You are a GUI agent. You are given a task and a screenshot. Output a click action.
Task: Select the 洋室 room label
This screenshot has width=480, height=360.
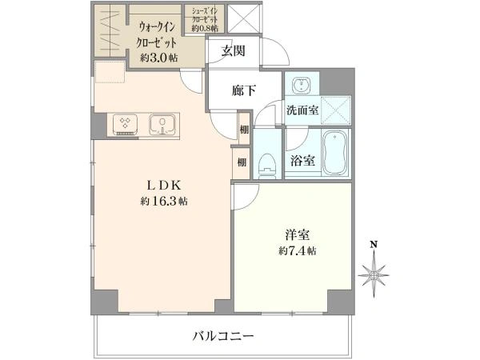(x=297, y=234)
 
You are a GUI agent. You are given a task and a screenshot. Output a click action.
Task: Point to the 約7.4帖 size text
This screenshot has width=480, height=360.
(x=298, y=250)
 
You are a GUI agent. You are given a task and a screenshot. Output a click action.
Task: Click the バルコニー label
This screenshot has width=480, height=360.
(x=223, y=336)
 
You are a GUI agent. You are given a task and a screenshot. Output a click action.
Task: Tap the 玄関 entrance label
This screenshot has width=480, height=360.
(x=234, y=51)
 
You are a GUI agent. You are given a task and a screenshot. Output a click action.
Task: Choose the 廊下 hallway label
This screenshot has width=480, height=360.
(x=244, y=90)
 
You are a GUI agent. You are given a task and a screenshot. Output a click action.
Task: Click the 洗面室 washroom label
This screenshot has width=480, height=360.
(x=303, y=111)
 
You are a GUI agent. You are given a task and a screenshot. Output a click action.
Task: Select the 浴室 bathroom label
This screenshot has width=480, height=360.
(x=302, y=161)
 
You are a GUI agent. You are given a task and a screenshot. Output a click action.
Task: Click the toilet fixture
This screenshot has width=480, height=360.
(x=267, y=164)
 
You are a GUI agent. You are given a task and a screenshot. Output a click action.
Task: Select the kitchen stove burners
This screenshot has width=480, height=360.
(x=126, y=124)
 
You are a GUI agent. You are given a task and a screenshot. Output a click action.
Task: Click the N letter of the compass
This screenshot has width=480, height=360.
(x=373, y=244)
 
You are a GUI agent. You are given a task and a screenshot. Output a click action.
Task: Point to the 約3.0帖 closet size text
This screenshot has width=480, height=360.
(x=158, y=58)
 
